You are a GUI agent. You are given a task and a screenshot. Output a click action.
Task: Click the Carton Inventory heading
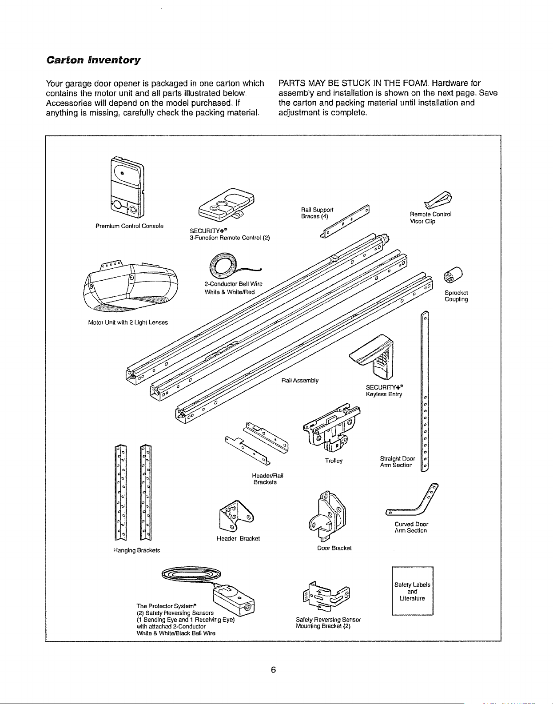[93, 60]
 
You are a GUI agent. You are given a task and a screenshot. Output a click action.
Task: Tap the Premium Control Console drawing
[127, 187]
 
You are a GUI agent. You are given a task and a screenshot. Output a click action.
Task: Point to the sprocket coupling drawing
[454, 275]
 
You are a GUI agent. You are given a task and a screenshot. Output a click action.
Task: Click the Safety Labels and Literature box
[412, 591]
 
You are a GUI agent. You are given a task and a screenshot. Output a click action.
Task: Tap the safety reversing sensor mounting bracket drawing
[326, 596]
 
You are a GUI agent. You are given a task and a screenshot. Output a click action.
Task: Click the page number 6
[273, 670]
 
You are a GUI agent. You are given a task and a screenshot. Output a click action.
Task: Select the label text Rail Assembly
[300, 380]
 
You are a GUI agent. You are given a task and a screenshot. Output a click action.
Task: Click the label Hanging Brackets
[136, 550]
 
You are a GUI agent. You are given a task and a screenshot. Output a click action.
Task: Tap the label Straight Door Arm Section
[397, 462]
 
